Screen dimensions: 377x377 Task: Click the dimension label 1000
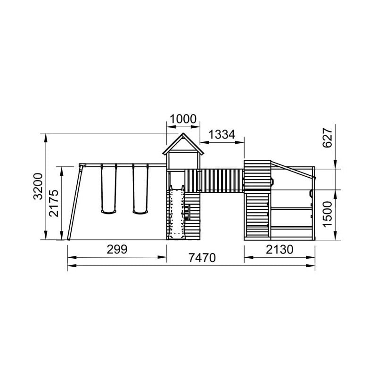click(183, 119)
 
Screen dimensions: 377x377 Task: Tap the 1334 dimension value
click(221, 134)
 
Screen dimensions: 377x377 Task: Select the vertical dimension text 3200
click(38, 186)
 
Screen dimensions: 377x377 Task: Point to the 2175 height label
click(53, 203)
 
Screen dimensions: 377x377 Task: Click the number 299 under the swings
click(117, 249)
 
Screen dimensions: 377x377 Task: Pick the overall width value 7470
click(202, 258)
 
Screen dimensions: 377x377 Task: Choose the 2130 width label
click(279, 249)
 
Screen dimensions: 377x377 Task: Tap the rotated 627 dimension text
click(327, 138)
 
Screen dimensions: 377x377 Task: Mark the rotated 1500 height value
click(327, 214)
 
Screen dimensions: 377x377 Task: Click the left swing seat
click(108, 212)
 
